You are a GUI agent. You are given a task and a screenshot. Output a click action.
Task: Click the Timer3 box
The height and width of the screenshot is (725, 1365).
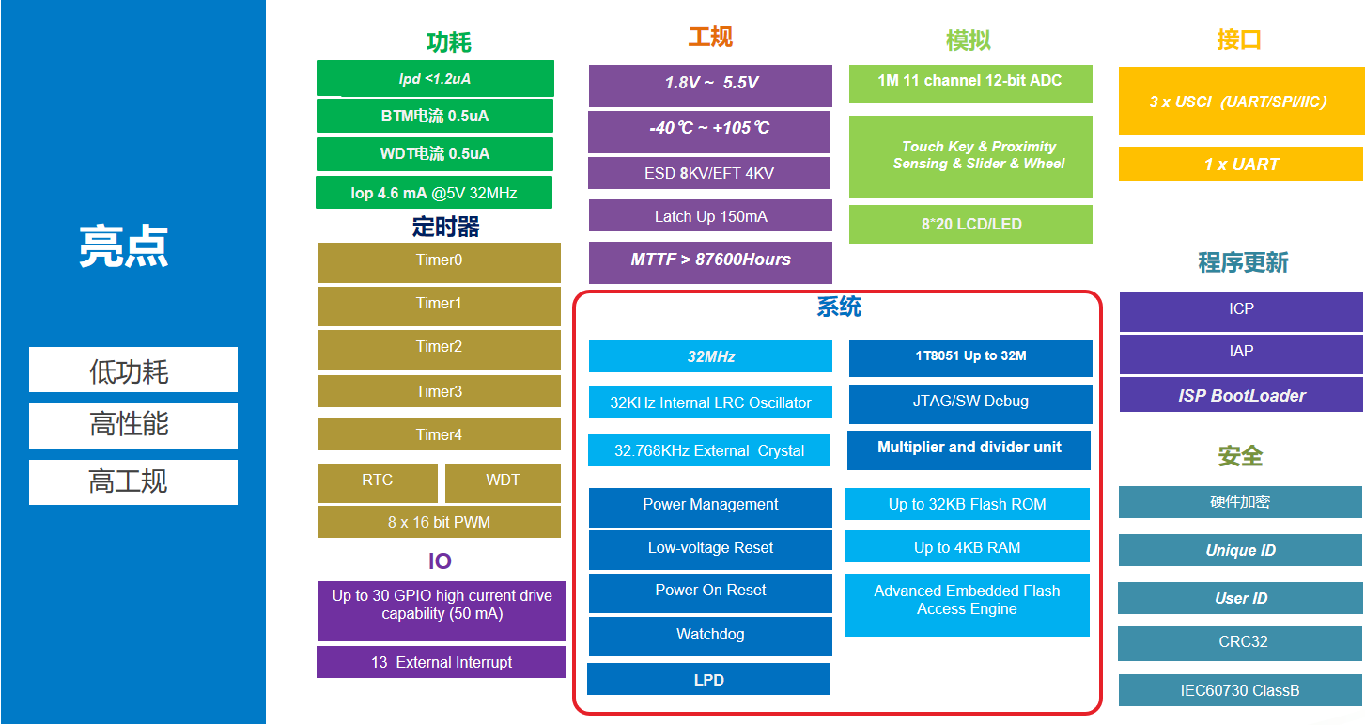pyautogui.click(x=439, y=391)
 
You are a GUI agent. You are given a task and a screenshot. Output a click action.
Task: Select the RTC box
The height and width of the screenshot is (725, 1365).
pyautogui.click(x=378, y=481)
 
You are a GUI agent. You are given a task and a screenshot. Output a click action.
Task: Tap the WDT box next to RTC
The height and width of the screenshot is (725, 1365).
pyautogui.click(x=503, y=481)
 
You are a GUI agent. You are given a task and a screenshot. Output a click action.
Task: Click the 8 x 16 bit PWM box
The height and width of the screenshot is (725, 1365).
pyautogui.click(x=439, y=522)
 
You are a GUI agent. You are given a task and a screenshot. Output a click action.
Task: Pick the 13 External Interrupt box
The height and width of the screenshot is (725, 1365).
pyautogui.click(x=442, y=662)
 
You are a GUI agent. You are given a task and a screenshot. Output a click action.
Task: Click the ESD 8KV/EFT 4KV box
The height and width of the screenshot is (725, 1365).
pyautogui.click(x=709, y=173)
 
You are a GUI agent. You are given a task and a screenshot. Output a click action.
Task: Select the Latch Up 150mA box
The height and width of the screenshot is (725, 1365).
pyautogui.click(x=710, y=216)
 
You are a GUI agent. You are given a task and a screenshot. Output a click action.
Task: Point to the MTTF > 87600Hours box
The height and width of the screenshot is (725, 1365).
pyautogui.click(x=710, y=260)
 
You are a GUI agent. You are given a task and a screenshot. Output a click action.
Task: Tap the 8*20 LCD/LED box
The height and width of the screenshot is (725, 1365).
pyautogui.click(x=970, y=225)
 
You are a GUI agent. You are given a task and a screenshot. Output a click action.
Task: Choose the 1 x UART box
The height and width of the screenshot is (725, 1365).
pyautogui.click(x=1240, y=165)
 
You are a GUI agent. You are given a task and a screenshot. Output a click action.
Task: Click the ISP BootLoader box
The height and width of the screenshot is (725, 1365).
pyautogui.click(x=1241, y=396)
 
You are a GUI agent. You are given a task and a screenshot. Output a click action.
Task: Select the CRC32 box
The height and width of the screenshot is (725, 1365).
pyautogui.click(x=1241, y=642)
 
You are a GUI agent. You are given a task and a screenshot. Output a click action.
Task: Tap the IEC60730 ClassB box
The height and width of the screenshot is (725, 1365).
pyautogui.click(x=1240, y=690)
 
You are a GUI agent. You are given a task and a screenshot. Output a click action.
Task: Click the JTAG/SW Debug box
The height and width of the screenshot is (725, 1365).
pyautogui.click(x=970, y=402)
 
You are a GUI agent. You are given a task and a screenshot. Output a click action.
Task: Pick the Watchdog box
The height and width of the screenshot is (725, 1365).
pyautogui.click(x=710, y=635)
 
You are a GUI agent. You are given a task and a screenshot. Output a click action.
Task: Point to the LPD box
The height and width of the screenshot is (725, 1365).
pyautogui.click(x=708, y=679)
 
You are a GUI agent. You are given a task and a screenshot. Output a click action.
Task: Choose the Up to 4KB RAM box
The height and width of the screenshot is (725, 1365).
pyautogui.click(x=967, y=547)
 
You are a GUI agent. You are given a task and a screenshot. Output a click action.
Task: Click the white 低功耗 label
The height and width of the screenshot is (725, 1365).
pyautogui.click(x=132, y=370)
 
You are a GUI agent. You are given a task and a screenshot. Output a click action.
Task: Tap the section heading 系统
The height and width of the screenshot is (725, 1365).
pyautogui.click(x=838, y=307)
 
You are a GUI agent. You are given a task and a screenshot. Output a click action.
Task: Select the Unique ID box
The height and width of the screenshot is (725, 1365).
pyautogui.click(x=1240, y=551)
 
